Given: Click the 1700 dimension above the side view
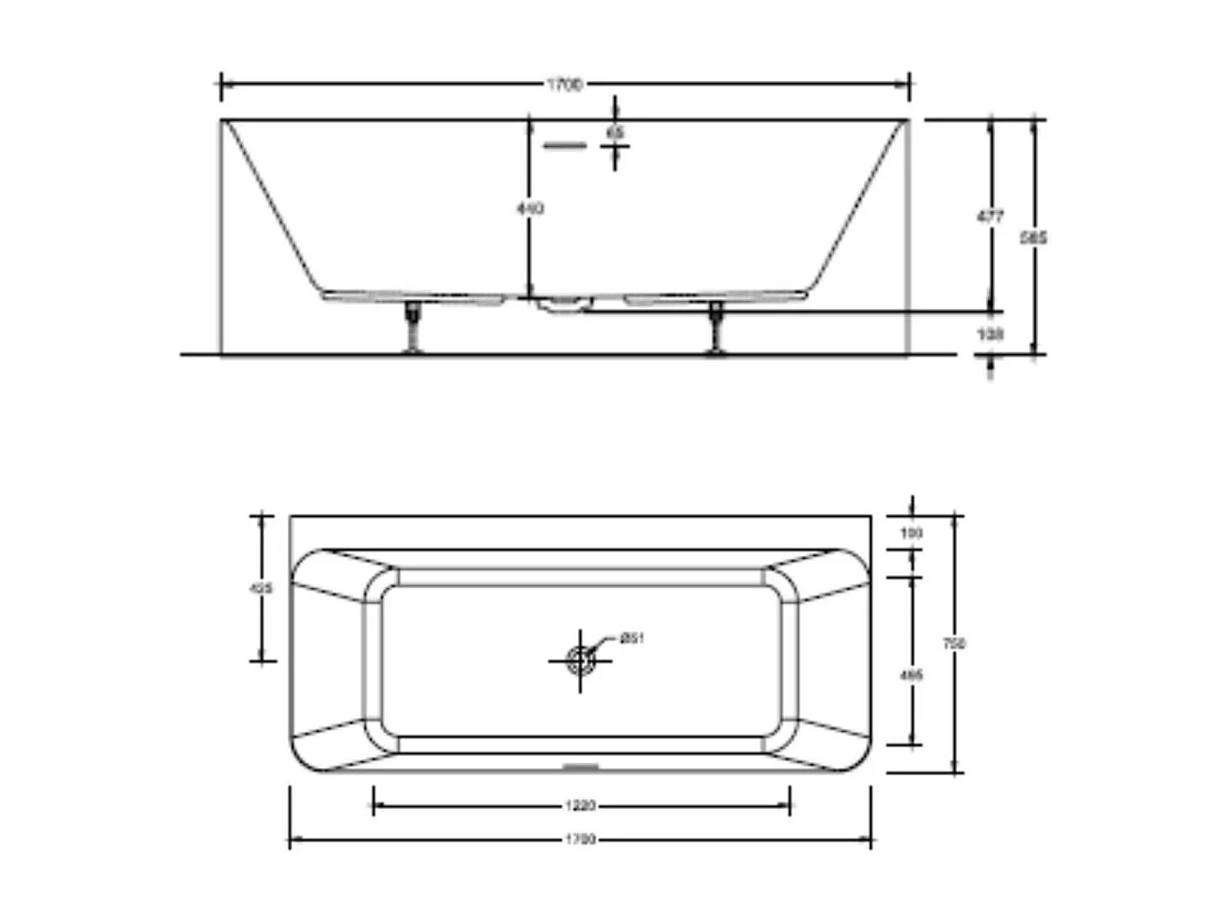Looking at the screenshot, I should pos(565,84).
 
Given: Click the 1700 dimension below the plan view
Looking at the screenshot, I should pos(581,839).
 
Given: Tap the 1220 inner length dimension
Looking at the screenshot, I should pos(581,806).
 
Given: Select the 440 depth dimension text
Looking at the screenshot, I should pos(530,209).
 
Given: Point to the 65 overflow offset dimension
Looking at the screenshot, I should pos(615,132).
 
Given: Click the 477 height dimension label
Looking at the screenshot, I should pos(991,217).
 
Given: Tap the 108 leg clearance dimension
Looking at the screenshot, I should pos(991,334).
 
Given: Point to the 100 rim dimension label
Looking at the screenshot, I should pos(911,534).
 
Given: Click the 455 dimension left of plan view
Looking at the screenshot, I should pos(261,588).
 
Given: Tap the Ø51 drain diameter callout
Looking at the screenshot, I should pos(631,638).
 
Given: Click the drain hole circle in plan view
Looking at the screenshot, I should pos(581,660).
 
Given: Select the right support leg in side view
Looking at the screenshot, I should pos(716,328).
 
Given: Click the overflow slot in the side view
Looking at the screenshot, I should pos(565,146).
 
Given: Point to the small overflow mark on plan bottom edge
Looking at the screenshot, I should pos(581,768).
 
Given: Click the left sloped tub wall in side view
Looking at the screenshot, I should pos(271,205).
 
